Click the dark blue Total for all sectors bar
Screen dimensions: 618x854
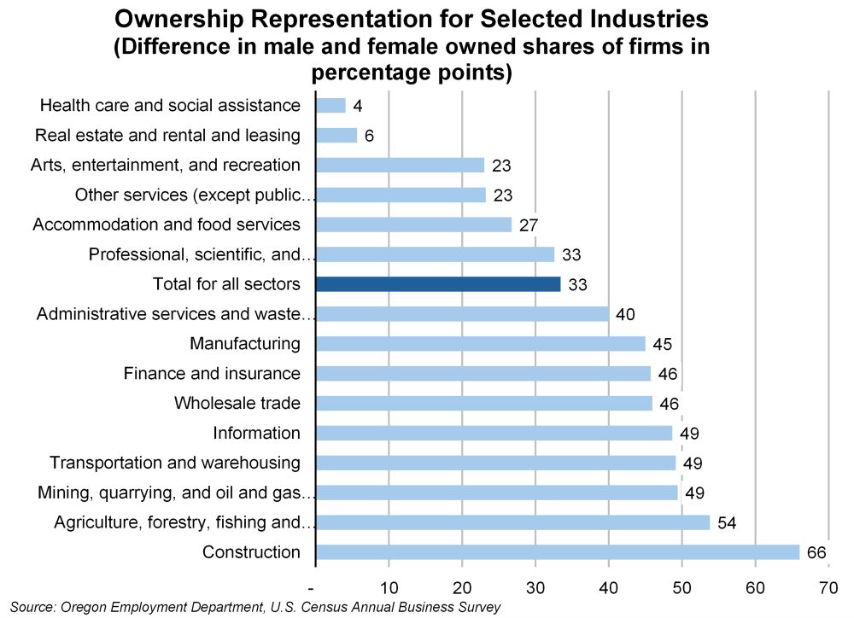[438, 284]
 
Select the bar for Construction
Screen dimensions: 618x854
[558, 552]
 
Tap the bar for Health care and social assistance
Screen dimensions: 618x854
[330, 106]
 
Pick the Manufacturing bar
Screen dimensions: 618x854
[481, 344]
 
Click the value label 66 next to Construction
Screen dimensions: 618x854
[816, 553]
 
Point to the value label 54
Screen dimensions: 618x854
[727, 522]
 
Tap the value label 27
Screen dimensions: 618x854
[529, 225]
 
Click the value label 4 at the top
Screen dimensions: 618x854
[359, 106]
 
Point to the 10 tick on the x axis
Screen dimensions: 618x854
[389, 587]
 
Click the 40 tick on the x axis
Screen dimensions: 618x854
[609, 587]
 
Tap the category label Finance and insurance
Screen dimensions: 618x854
[212, 374]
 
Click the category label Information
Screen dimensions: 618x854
[256, 434]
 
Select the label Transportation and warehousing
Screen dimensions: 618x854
[175, 463]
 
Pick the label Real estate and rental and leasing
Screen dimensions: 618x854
[167, 135]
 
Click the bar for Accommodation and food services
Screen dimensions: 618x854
[413, 224]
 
